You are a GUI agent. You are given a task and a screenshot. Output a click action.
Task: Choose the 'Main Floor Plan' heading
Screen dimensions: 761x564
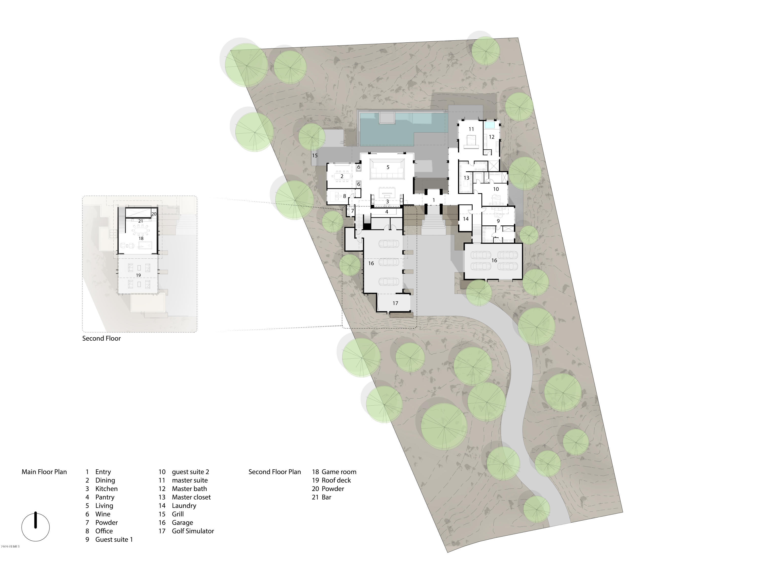tap(44, 472)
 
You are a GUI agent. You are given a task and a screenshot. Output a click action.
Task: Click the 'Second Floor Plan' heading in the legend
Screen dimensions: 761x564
tap(274, 472)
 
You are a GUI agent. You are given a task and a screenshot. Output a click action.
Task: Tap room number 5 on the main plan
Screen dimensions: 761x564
tap(388, 167)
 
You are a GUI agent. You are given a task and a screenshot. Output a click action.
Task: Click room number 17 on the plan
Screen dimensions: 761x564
tap(395, 303)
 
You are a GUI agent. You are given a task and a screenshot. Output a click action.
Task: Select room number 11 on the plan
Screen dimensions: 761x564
tap(471, 129)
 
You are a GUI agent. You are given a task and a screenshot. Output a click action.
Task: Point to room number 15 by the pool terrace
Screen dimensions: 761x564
tap(315, 155)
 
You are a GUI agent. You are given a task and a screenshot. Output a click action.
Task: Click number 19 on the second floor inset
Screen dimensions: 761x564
tap(139, 275)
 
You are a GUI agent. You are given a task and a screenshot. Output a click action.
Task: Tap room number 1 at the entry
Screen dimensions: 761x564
tap(434, 200)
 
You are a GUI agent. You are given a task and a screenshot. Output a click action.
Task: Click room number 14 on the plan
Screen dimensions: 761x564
tap(465, 219)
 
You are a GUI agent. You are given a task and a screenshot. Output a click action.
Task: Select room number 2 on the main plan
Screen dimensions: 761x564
tap(342, 176)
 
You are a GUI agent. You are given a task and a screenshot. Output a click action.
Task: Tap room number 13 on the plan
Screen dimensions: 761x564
tap(466, 178)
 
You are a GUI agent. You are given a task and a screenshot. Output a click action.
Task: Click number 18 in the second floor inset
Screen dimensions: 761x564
tap(141, 238)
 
